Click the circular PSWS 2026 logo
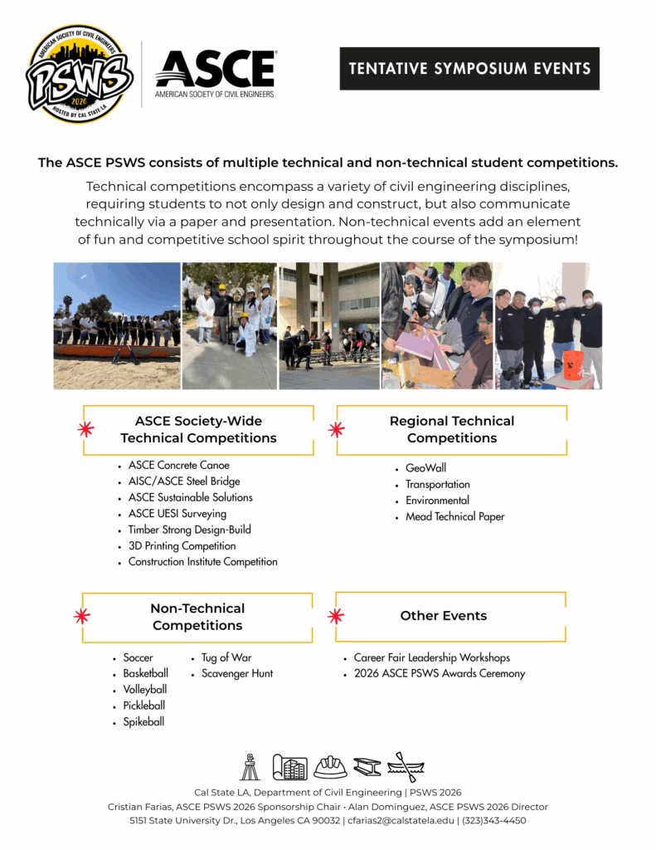pyautogui.click(x=80, y=75)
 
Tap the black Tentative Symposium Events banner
pyautogui.click(x=469, y=69)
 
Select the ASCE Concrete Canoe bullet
pyautogui.click(x=178, y=466)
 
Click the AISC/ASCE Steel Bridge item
pyautogui.click(x=184, y=481)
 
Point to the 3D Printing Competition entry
pyautogui.click(x=182, y=546)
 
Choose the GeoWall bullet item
pyautogui.click(x=425, y=468)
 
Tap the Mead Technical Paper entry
pyautogui.click(x=454, y=516)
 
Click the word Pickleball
pyautogui.click(x=145, y=706)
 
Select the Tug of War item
pyautogui.click(x=226, y=657)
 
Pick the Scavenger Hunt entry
pyautogui.click(x=237, y=673)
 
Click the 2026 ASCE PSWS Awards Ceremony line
pyautogui.click(x=439, y=673)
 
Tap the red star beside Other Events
pyautogui.click(x=335, y=616)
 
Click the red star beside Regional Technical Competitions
pyautogui.click(x=336, y=429)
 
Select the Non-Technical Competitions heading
pyautogui.click(x=197, y=617)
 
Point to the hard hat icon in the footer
pyautogui.click(x=330, y=767)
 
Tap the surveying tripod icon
pyautogui.click(x=250, y=767)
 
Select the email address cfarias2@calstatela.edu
pyautogui.click(x=401, y=821)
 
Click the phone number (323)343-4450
pyautogui.click(x=495, y=821)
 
